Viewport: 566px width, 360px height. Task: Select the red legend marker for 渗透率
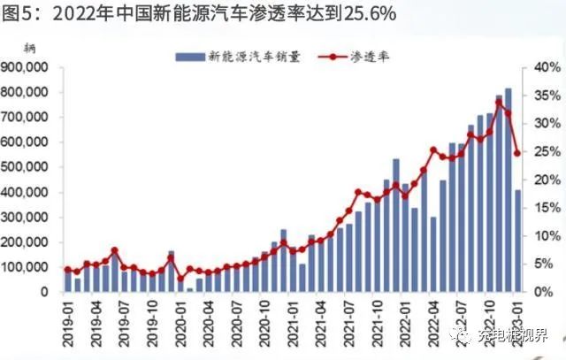333,56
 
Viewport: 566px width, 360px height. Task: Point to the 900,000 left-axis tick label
29,67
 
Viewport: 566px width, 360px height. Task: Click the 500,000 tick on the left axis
29,167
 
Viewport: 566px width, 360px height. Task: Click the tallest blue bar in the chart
508,190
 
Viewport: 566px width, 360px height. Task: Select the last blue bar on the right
517,241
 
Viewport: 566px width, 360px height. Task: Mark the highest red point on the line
499,103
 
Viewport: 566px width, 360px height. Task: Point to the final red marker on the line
517,153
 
